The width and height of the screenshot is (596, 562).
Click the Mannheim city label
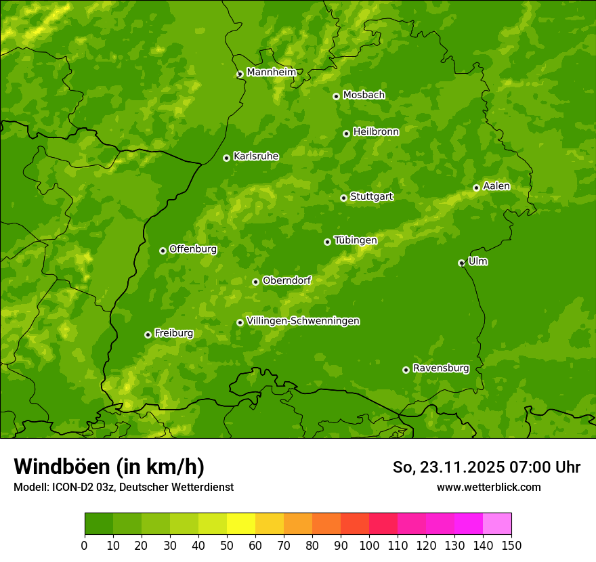271,72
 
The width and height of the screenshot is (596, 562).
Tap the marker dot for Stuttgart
343,198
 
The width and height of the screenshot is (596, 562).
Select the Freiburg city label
173,333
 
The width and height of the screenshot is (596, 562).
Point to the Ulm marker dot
461,263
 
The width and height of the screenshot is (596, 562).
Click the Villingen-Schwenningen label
303,321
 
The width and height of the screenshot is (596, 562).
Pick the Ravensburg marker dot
406,370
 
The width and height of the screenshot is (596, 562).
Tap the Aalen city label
496,186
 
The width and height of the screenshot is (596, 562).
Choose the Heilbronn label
376,132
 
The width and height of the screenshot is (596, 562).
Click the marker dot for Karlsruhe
226,158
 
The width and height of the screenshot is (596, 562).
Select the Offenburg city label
193,249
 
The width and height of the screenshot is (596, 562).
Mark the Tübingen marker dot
327,242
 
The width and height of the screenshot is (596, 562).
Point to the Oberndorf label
286,280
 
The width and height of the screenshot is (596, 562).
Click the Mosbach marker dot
336,96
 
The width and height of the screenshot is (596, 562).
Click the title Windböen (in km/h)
108,467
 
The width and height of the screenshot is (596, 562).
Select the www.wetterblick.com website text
488,488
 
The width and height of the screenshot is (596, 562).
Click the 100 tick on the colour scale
369,545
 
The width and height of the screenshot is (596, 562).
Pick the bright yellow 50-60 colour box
241,523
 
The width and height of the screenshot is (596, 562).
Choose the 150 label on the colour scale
511,545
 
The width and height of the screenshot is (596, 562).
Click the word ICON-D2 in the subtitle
70,488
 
